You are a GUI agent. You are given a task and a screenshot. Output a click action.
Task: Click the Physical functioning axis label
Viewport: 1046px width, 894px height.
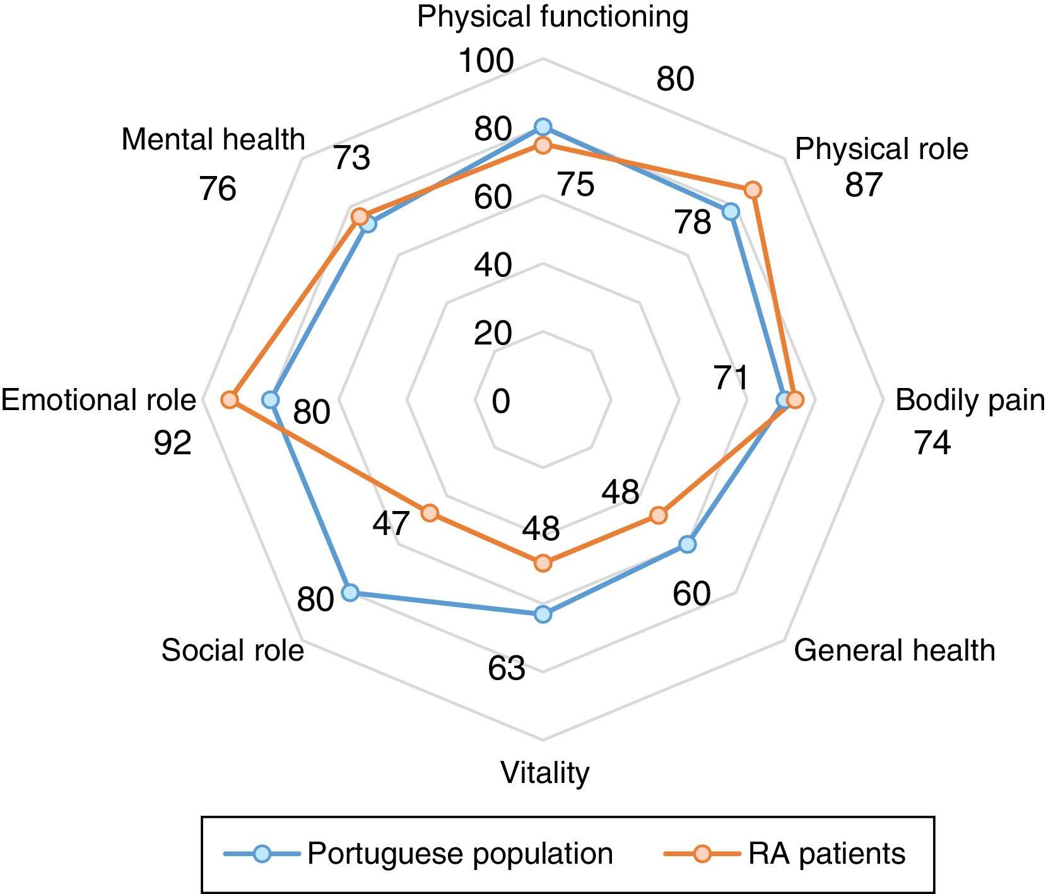click(553, 17)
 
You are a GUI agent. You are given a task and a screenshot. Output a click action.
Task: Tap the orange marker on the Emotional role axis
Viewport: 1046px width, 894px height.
click(230, 400)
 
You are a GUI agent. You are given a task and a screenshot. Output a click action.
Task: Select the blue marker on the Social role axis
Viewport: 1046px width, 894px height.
click(350, 592)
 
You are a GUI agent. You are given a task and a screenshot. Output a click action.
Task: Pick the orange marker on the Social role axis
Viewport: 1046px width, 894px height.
click(430, 513)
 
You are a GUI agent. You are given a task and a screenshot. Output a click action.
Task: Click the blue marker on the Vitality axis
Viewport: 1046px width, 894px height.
click(543, 615)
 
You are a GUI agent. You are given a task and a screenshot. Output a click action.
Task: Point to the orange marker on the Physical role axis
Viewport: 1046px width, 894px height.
click(753, 189)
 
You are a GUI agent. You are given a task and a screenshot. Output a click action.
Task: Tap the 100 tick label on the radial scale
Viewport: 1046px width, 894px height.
click(486, 61)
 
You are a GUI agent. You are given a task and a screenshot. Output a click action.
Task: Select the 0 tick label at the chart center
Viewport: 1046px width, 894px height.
click(501, 402)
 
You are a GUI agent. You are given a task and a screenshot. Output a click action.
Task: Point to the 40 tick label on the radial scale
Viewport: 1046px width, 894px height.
click(493, 266)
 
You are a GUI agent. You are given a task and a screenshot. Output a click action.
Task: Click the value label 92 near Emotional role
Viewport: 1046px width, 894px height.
click(172, 444)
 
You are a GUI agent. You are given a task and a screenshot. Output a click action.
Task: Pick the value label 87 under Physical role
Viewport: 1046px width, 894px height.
click(863, 185)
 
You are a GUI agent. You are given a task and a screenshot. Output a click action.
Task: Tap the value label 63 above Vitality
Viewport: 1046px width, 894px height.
click(506, 669)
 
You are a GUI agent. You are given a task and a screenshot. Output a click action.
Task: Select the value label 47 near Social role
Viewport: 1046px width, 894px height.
click(391, 524)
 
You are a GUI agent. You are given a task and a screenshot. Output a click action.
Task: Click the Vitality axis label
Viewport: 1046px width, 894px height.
click(545, 773)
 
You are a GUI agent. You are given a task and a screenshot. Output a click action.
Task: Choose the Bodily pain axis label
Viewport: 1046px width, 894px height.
click(970, 401)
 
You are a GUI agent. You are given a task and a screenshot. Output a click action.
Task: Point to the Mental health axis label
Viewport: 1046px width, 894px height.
click(213, 139)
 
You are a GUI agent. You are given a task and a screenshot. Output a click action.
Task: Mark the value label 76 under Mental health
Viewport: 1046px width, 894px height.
click(218, 189)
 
